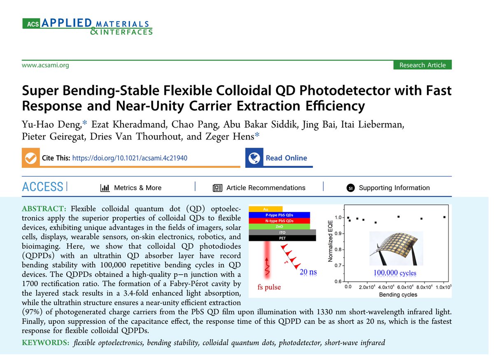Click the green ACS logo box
pos(30,24)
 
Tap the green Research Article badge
pos(422,65)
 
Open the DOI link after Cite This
pos(130,158)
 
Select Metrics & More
pos(137,188)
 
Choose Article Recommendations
pos(266,188)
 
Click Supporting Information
pos(394,188)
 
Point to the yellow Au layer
pos(266,209)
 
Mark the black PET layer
pos(282,238)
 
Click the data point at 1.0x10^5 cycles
pos(444,217)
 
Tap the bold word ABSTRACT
pos(45,206)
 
